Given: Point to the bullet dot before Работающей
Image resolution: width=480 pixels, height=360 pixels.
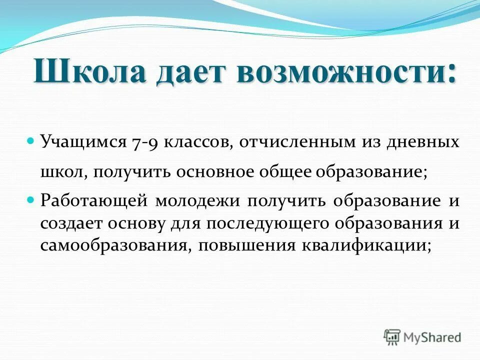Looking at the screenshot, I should coord(30,198).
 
